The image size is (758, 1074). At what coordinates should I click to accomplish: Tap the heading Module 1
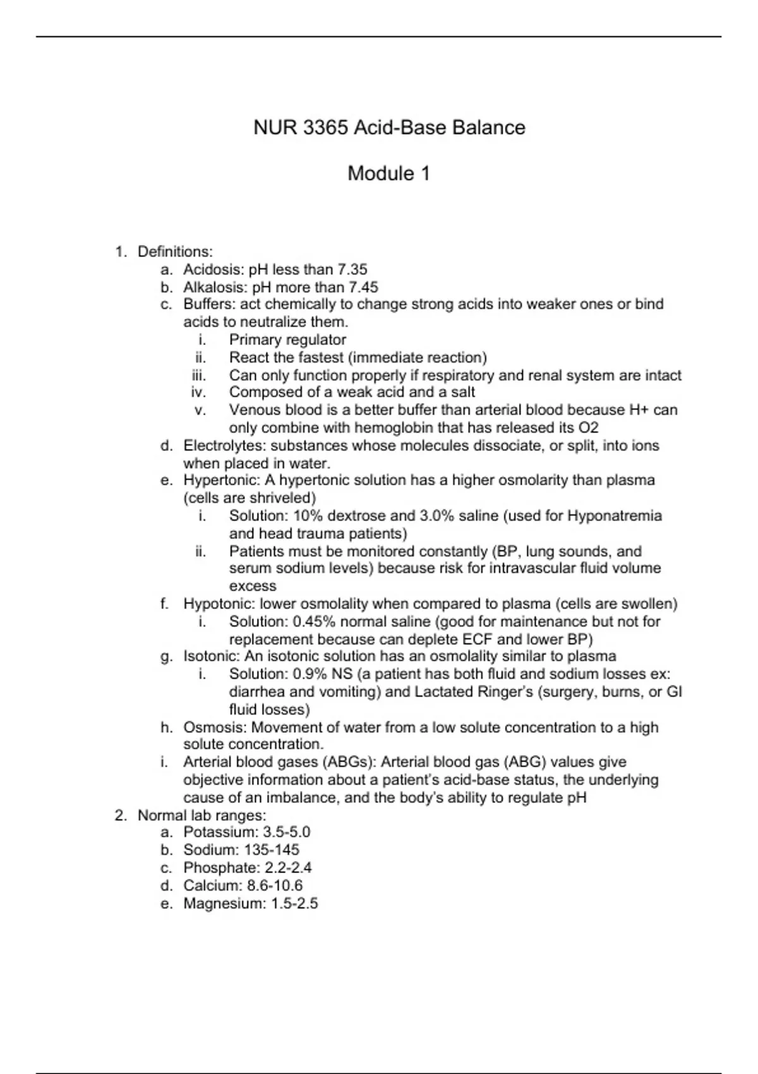click(x=388, y=173)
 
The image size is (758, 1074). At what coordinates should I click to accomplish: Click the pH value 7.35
click(x=352, y=270)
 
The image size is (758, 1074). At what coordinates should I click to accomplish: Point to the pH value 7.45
click(x=363, y=287)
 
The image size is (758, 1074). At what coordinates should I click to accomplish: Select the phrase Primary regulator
click(x=287, y=340)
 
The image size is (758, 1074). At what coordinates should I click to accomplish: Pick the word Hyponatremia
click(x=615, y=516)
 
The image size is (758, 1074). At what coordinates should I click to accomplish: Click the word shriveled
click(x=281, y=498)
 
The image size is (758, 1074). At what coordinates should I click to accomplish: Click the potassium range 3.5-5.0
click(x=287, y=833)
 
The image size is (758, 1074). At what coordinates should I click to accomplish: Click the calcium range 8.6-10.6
click(x=275, y=886)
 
